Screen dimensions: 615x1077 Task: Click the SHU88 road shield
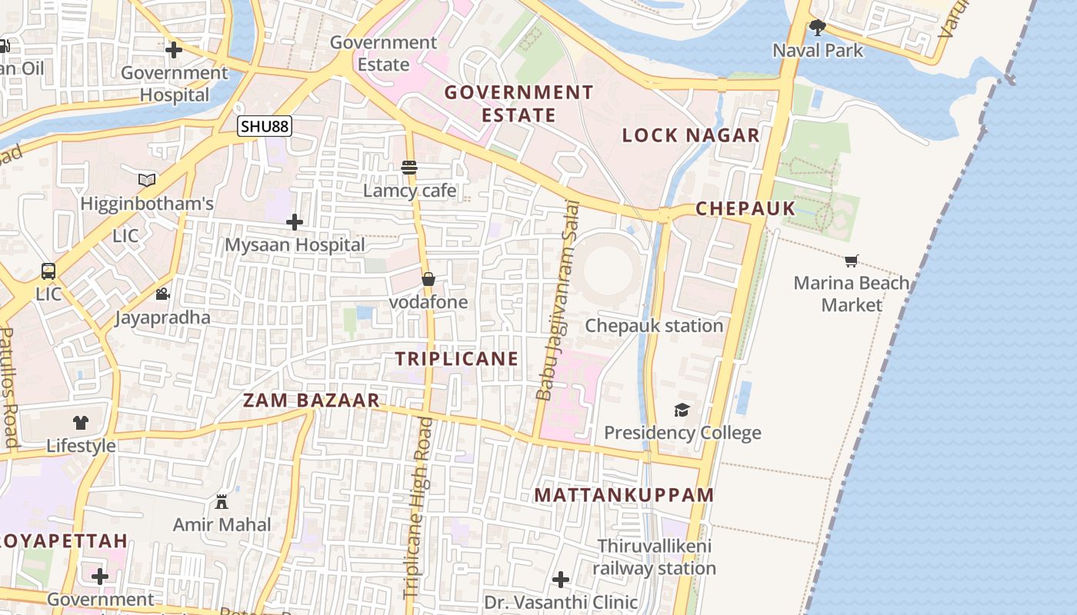point(265,125)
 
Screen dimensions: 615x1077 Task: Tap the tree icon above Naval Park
point(817,28)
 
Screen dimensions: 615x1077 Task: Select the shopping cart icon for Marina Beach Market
point(851,261)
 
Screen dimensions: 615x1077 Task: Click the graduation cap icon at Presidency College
point(682,410)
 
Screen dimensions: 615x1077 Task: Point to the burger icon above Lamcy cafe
point(408,168)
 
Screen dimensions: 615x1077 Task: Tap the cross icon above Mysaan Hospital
point(294,222)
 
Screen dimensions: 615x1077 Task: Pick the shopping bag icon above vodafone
point(428,279)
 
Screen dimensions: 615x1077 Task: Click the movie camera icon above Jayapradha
point(162,294)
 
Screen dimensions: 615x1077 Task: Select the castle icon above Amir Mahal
point(222,502)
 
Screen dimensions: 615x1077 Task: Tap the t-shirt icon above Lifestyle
point(81,422)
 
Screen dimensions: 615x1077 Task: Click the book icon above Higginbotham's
point(147,180)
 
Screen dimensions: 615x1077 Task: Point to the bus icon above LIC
point(48,271)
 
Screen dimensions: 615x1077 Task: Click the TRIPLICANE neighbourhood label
point(457,358)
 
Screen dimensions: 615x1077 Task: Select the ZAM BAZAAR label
point(312,400)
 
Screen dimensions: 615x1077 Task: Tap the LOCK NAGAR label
point(690,135)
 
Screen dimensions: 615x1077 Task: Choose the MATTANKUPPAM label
point(624,494)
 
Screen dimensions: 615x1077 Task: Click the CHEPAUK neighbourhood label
point(745,208)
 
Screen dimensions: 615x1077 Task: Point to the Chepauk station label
point(654,325)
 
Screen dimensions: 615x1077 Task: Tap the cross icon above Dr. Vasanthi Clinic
point(561,579)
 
